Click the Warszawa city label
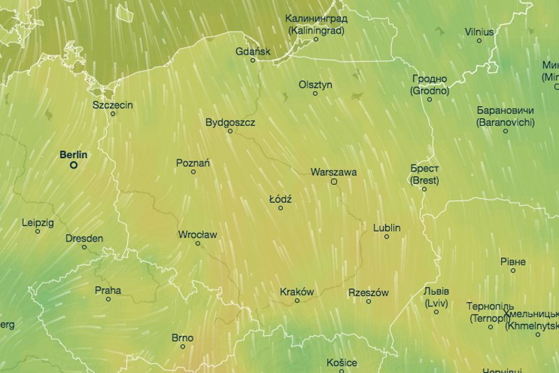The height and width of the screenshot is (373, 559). tap(334, 171)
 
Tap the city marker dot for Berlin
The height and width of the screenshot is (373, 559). tap(73, 166)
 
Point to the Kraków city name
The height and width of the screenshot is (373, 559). tap(297, 292)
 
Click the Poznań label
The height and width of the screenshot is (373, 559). tap(193, 163)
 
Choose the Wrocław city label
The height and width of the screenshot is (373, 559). tap(198, 234)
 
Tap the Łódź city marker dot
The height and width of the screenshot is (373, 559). tap(281, 208)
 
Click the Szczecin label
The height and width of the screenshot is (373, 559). tap(112, 105)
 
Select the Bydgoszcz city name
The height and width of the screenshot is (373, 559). tap(231, 122)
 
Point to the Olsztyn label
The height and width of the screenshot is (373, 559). tap(315, 85)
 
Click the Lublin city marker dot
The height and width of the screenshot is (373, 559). tap(386, 237)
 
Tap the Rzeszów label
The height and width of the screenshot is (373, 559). tap(368, 293)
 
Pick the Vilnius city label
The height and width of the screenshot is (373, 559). tap(479, 31)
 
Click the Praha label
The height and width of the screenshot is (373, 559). tap(108, 290)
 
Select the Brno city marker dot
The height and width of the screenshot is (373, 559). tap(182, 346)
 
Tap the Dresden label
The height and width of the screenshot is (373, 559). tap(84, 238)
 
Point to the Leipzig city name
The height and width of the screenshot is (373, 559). tap(38, 223)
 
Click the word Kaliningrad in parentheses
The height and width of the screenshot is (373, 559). tap(316, 30)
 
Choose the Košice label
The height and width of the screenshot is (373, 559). tap(342, 363)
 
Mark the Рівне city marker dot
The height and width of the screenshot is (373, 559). tap(513, 270)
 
